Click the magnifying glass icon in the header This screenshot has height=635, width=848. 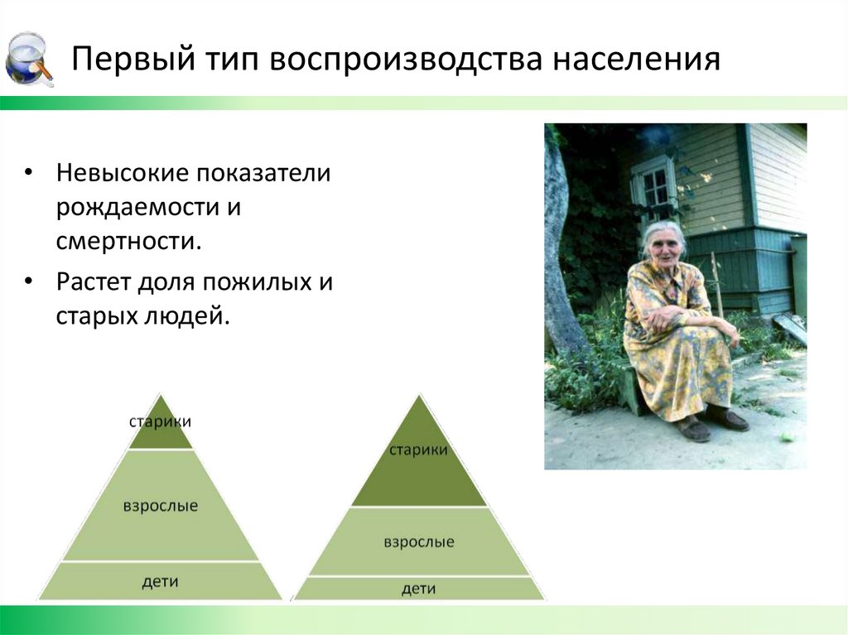coord(29,59)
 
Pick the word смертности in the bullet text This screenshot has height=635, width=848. coord(129,242)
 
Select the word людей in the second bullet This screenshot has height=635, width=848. coord(186,316)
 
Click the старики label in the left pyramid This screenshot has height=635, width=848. coord(161,421)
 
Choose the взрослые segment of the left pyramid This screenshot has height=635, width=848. coord(161,506)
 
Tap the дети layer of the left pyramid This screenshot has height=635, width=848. coord(161,581)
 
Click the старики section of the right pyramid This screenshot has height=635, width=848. coord(418,450)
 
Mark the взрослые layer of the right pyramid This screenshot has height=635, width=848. coord(418,542)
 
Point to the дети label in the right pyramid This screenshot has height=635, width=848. coord(418,589)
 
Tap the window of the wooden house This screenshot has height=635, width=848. coord(654,188)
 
